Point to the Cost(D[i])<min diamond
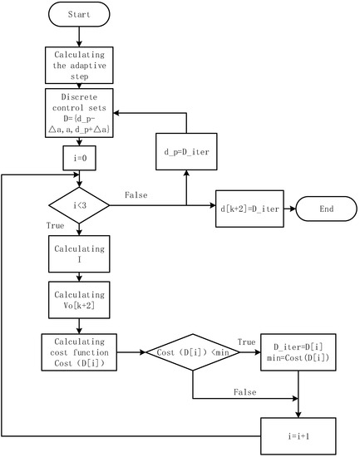click(x=193, y=352)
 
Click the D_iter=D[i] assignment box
click(x=298, y=351)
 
